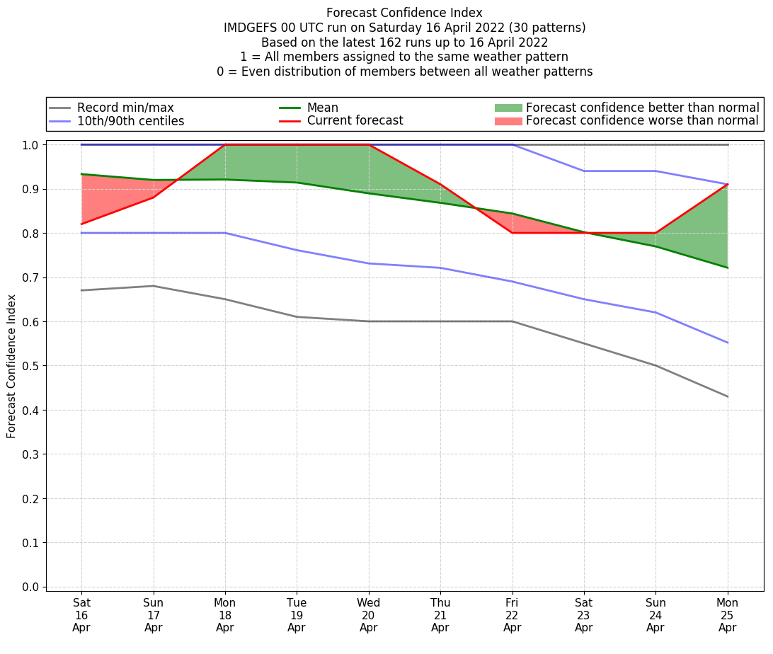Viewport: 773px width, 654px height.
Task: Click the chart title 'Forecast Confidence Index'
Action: [x=404, y=13]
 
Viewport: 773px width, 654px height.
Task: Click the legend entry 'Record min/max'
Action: [x=125, y=108]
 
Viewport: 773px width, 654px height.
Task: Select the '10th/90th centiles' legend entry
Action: [x=130, y=121]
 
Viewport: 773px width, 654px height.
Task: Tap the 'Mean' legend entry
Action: [x=322, y=108]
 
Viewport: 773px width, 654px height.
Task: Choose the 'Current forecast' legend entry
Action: [x=355, y=121]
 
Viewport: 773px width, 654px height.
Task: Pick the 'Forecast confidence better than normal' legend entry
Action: [x=642, y=108]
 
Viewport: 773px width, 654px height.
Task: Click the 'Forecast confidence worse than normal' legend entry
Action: [x=642, y=121]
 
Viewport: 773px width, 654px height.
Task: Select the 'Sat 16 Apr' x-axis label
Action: [x=81, y=615]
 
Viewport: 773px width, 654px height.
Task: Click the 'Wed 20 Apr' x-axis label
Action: [x=368, y=615]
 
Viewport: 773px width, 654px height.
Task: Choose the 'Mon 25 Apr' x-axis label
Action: [x=727, y=615]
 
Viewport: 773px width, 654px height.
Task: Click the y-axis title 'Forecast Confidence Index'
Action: [x=12, y=365]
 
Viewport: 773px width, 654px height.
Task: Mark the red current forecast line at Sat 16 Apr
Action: [x=81, y=224]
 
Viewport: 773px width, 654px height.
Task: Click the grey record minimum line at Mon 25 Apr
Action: [x=727, y=396]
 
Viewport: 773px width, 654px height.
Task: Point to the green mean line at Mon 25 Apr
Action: [x=727, y=268]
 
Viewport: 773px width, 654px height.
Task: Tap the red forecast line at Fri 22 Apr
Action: [x=512, y=233]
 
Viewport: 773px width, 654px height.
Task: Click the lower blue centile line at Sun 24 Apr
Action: [x=655, y=312]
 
